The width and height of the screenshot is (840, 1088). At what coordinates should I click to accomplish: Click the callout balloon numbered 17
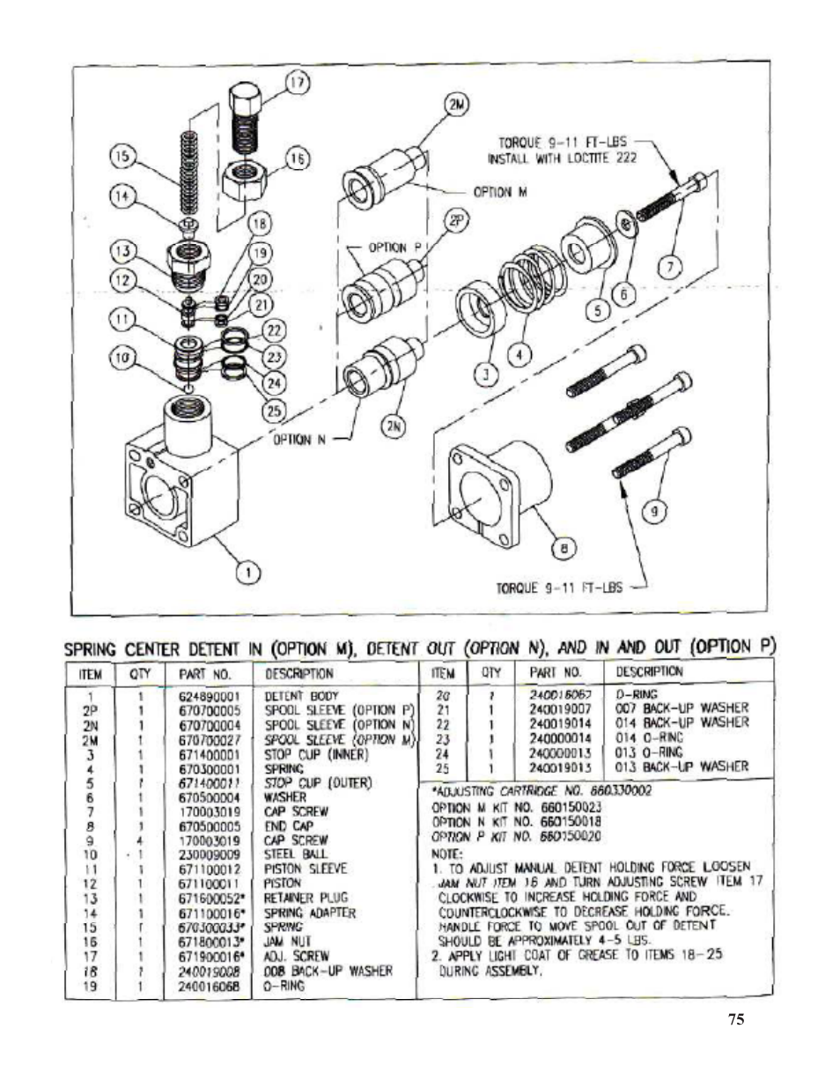(297, 84)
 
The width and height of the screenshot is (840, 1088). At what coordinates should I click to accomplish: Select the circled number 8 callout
(558, 550)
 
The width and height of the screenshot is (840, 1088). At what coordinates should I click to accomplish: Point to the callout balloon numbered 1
(251, 574)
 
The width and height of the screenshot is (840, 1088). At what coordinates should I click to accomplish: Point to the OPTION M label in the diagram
(499, 192)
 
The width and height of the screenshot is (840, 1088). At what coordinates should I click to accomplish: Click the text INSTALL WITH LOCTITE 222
(562, 159)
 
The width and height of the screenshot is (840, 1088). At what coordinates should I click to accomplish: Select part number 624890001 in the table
(209, 696)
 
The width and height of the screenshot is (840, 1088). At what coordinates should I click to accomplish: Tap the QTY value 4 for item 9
(140, 840)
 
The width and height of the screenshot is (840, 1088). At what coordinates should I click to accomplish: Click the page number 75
(736, 1019)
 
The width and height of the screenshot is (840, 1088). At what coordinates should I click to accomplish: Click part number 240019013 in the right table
(560, 766)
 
